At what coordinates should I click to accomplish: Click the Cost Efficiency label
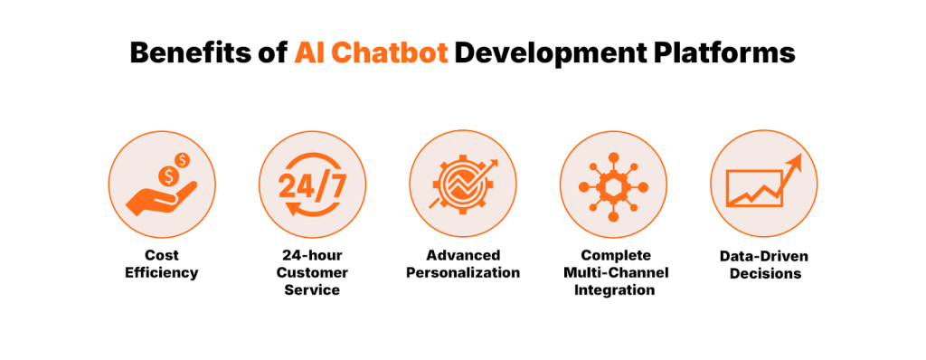(x=161, y=263)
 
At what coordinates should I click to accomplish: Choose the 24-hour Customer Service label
(x=312, y=272)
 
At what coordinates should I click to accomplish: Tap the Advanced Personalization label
(x=463, y=263)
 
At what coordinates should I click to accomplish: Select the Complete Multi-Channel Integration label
(x=614, y=272)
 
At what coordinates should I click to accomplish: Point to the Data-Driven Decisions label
(x=764, y=265)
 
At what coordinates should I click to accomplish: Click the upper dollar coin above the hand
(x=184, y=160)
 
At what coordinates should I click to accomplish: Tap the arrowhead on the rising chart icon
(x=793, y=163)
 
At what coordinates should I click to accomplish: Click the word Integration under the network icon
(x=614, y=290)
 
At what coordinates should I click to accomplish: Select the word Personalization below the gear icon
(x=463, y=272)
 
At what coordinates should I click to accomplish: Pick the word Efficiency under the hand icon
(x=161, y=272)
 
